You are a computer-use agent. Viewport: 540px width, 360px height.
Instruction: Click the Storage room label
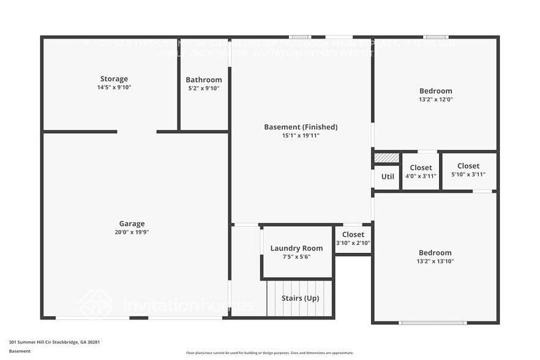[114, 79]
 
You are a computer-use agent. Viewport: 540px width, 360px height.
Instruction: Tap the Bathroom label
[204, 80]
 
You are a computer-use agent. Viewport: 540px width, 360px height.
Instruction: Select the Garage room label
[132, 223]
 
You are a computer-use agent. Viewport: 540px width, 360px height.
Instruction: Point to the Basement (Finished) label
[301, 127]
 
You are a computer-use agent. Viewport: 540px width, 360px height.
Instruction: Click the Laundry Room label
[296, 248]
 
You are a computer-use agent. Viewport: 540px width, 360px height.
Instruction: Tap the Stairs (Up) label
[300, 298]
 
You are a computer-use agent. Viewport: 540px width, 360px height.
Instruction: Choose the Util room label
[388, 176]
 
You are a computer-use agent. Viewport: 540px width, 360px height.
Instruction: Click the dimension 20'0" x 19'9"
[132, 232]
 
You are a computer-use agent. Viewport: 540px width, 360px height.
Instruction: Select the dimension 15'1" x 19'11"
[301, 136]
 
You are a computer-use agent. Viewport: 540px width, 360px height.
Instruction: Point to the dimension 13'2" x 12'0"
[436, 99]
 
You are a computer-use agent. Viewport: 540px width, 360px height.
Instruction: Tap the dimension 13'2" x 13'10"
[435, 261]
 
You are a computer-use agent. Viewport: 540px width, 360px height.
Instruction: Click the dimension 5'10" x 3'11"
[468, 174]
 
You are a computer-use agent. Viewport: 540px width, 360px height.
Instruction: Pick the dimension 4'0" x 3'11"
[421, 176]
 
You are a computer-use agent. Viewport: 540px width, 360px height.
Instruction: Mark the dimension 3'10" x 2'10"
[353, 243]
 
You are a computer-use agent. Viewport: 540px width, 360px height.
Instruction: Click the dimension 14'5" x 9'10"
[114, 88]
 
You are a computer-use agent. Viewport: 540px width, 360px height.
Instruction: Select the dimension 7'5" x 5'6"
[296, 257]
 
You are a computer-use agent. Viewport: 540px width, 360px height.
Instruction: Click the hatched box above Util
[387, 158]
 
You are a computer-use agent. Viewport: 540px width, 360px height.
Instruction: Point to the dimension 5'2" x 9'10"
[204, 88]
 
